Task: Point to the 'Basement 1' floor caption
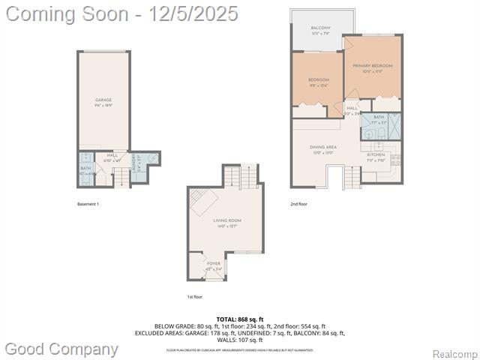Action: tap(88, 204)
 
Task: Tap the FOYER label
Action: tap(213, 263)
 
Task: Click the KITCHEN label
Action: tap(376, 155)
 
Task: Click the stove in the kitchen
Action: tap(396, 158)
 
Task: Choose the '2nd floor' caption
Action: tap(298, 204)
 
